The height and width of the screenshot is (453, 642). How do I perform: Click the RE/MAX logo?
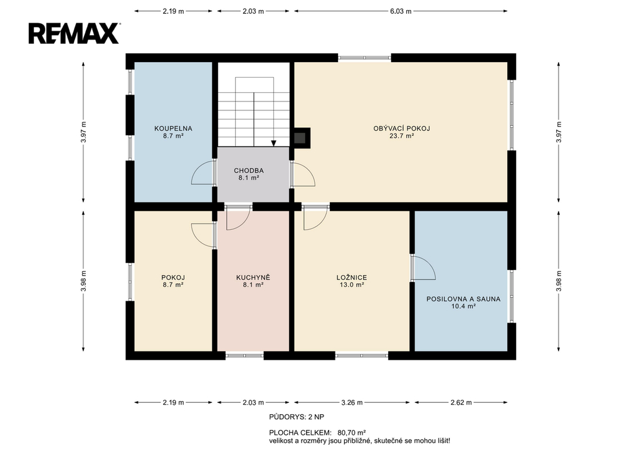pyautogui.click(x=74, y=33)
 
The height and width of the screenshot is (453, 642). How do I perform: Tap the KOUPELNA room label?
pyautogui.click(x=173, y=128)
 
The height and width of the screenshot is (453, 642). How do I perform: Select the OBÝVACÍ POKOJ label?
pyautogui.click(x=402, y=128)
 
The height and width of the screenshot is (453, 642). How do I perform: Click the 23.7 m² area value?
pyautogui.click(x=402, y=136)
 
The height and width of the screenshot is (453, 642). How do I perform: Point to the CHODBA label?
pyautogui.click(x=249, y=170)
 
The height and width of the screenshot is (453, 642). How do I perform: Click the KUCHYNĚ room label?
pyautogui.click(x=253, y=278)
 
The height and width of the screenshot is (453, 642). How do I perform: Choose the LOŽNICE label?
pyautogui.click(x=352, y=278)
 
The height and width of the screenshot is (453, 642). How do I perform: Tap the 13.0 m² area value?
pyautogui.click(x=352, y=285)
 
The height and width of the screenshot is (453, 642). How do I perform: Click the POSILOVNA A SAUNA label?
pyautogui.click(x=463, y=299)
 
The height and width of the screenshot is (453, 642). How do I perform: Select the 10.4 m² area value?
pyautogui.click(x=463, y=306)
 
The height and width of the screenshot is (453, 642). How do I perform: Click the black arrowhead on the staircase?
pyautogui.click(x=273, y=143)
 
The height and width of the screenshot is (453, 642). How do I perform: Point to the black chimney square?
pyautogui.click(x=302, y=138)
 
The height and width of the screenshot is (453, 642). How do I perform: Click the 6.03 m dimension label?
pyautogui.click(x=401, y=11)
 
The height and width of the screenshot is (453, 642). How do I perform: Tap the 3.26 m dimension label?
pyautogui.click(x=352, y=403)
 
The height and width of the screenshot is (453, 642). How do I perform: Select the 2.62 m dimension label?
pyautogui.click(x=461, y=403)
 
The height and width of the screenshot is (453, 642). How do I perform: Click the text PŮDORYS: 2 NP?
pyautogui.click(x=297, y=417)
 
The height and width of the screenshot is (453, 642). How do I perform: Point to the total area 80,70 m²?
pyautogui.click(x=352, y=432)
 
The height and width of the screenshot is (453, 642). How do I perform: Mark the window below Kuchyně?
pyautogui.click(x=245, y=356)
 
